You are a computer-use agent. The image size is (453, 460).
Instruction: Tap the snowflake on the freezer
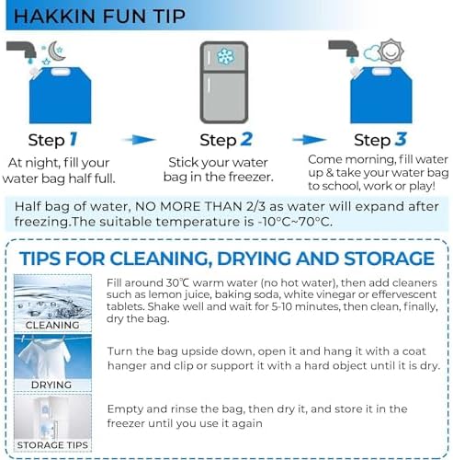point(225,56)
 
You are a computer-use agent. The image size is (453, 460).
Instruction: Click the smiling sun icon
point(391,52)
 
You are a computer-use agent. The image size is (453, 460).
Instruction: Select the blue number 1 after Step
point(74,140)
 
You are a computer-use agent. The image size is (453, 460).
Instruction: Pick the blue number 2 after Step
point(246,140)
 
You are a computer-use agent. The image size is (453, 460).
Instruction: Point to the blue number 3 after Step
point(401,140)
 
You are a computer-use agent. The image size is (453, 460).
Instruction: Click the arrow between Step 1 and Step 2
point(139,140)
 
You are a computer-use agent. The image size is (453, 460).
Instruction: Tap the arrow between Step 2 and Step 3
point(310,140)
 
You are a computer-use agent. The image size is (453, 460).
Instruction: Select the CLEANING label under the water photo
point(52,325)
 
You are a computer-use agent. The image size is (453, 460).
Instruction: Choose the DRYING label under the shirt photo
point(51,385)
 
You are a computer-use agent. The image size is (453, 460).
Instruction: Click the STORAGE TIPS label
point(52,445)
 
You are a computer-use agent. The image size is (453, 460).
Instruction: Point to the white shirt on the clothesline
point(45,356)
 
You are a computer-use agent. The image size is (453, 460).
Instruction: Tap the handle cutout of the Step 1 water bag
point(61,73)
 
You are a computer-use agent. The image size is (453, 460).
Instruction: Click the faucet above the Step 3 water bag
point(345,49)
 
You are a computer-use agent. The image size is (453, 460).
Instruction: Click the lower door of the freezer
point(224,96)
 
